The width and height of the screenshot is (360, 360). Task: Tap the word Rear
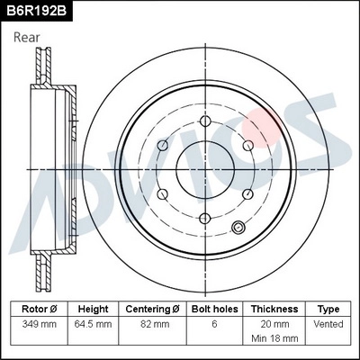click(x=28, y=37)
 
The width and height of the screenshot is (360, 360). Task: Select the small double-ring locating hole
click(x=239, y=228)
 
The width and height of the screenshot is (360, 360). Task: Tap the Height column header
click(x=93, y=309)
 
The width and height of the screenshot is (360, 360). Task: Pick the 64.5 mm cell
click(x=93, y=323)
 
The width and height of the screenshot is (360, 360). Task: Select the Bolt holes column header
click(x=213, y=309)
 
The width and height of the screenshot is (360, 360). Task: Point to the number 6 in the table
click(x=213, y=323)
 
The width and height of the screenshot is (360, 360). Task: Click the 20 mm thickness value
click(x=274, y=323)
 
